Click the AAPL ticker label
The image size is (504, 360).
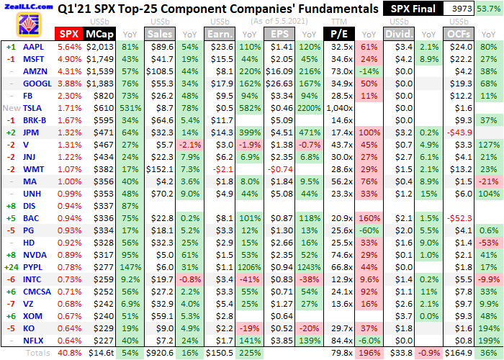33,47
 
